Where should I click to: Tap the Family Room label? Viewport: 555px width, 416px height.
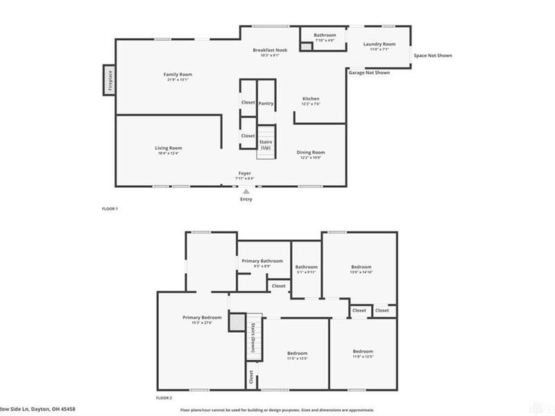pyautogui.click(x=178, y=74)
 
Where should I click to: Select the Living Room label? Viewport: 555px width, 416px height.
pyautogui.click(x=168, y=148)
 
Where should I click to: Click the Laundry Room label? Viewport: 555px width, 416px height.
pyautogui.click(x=379, y=44)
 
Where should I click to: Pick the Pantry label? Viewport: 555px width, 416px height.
pyautogui.click(x=266, y=103)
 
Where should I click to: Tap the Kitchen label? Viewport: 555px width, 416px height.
pyautogui.click(x=310, y=99)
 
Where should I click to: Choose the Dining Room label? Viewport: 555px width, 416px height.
pyautogui.click(x=311, y=153)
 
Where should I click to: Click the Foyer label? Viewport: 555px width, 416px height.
pyautogui.click(x=245, y=173)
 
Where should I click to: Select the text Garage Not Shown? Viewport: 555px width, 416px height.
pyautogui.click(x=368, y=72)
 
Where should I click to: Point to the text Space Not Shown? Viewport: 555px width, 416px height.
pyautogui.click(x=433, y=55)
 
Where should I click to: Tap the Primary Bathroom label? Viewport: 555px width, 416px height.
pyautogui.click(x=262, y=261)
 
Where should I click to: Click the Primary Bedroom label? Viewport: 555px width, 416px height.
pyautogui.click(x=202, y=318)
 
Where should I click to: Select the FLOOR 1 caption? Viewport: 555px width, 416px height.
pyautogui.click(x=110, y=209)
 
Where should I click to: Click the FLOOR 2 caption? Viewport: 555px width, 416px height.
pyautogui.click(x=164, y=398)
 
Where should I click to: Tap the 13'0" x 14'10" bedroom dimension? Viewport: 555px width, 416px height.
pyautogui.click(x=361, y=272)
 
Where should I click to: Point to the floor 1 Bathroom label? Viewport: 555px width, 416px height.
pyautogui.click(x=325, y=35)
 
